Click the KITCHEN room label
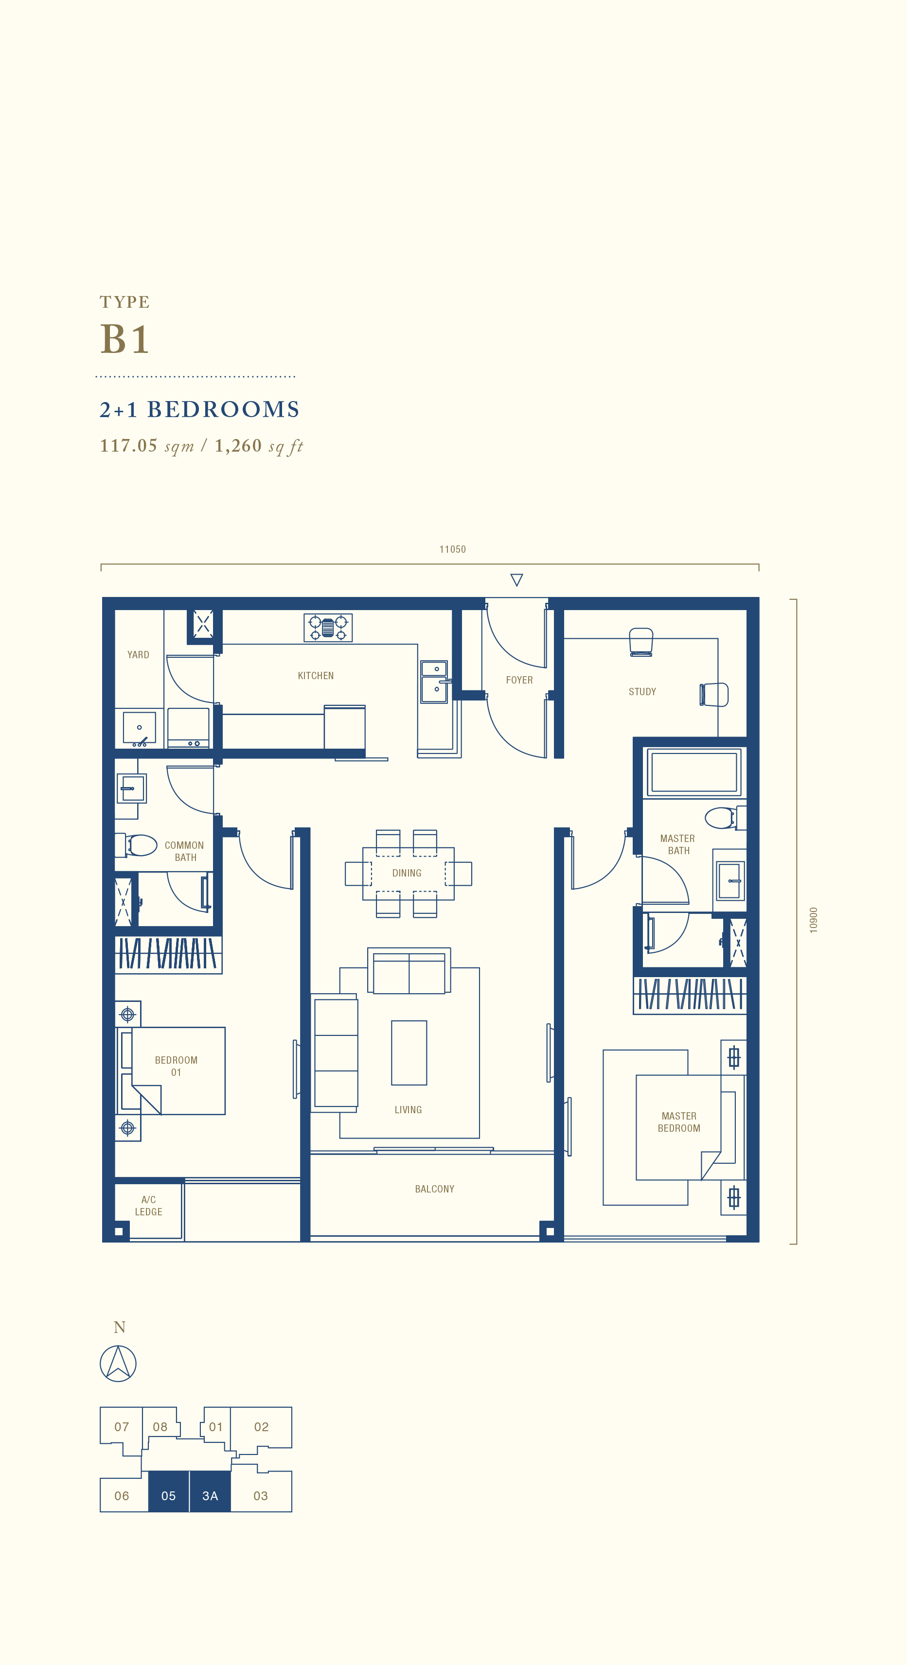coord(316,675)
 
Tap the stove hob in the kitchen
coord(328,627)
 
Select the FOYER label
coord(519,680)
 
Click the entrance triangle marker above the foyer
coord(516,579)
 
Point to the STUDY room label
coord(642,692)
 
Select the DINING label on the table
coord(407,873)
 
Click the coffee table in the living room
coord(409,1052)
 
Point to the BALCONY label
coord(434,1189)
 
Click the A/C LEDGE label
coord(148,1206)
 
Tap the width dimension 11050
coord(453,549)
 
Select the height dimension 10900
coord(813,920)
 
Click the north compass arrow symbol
coord(118,1363)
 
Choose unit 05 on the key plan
coord(169,1496)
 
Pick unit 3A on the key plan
coord(210,1496)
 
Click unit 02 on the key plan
coord(261,1426)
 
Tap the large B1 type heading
coord(125,339)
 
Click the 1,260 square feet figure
coord(259,445)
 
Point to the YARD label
coord(138,655)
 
